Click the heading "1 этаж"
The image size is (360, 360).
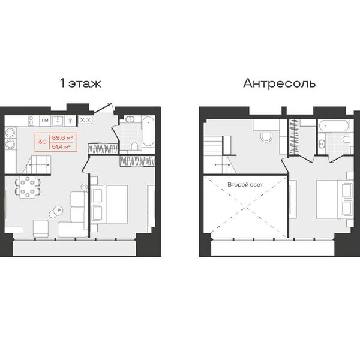pyautogui.click(x=80, y=83)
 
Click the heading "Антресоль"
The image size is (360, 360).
pyautogui.click(x=280, y=83)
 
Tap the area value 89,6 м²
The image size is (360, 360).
pyautogui.click(x=62, y=138)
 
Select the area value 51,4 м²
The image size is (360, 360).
pyautogui.click(x=61, y=147)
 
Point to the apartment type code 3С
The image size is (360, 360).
pyautogui.click(x=43, y=142)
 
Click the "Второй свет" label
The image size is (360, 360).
pyautogui.click(x=245, y=185)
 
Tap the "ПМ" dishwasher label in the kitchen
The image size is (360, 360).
pyautogui.click(x=45, y=120)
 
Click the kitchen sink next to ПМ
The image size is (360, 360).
pyautogui.click(x=58, y=121)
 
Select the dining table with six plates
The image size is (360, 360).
pyautogui.click(x=28, y=187)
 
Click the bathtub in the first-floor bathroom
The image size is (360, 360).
pyautogui.click(x=148, y=131)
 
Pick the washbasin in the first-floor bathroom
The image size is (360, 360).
pyautogui.click(x=130, y=119)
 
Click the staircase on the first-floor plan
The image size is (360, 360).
pyautogui.click(x=37, y=164)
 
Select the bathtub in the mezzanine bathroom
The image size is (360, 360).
pyautogui.click(x=334, y=125)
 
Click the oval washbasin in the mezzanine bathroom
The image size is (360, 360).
pyautogui.click(x=322, y=144)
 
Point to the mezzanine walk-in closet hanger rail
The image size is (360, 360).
pyautogui.click(x=295, y=136)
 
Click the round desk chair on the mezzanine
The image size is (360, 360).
pyautogui.click(x=266, y=137)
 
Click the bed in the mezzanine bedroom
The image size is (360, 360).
pyautogui.click(x=334, y=199)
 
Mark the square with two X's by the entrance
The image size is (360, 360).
pyautogui.click(x=85, y=120)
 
